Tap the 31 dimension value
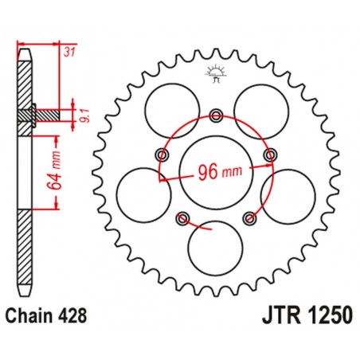tap(69, 53)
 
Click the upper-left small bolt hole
tap(163, 153)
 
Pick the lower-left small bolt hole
tap(183, 216)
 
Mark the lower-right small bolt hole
tap(249, 216)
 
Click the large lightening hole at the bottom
tap(214, 245)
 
